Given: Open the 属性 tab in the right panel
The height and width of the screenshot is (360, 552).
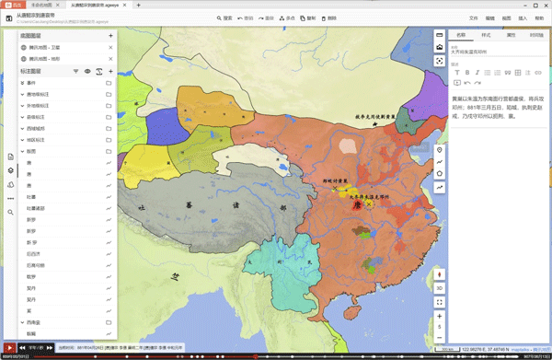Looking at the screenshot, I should tap(511, 35).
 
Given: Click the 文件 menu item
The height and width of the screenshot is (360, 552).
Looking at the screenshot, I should tap(474, 17).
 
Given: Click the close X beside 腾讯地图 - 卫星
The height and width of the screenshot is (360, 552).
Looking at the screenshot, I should tap(109, 47).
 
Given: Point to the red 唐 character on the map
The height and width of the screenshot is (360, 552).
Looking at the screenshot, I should tap(357, 205).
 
